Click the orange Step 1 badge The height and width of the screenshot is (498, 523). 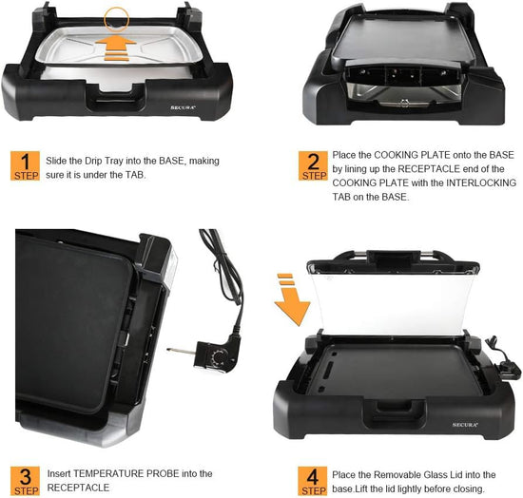[25, 165]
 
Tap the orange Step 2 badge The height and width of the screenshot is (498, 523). [313, 165]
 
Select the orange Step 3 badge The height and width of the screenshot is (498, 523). [25, 481]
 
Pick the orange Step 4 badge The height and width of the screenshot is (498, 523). [313, 481]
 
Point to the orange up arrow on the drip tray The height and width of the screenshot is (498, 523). [116, 48]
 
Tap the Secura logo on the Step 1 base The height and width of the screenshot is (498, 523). [183, 107]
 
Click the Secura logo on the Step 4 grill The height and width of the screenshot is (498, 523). [465, 425]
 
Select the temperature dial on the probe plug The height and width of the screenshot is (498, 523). [219, 357]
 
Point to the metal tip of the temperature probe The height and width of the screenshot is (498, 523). [180, 351]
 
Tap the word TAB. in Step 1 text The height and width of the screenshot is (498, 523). [136, 175]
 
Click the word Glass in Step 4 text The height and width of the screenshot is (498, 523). [436, 474]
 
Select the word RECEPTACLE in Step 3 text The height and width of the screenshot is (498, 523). [78, 488]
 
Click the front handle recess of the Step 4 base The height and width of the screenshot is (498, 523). [395, 413]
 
